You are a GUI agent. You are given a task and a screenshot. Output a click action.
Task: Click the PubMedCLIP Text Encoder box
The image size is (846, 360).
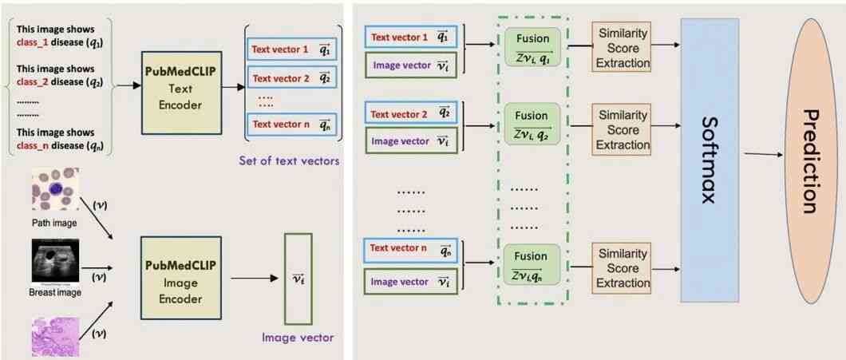(x=180, y=93)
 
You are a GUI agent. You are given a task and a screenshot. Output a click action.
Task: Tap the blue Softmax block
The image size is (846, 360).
(x=709, y=160)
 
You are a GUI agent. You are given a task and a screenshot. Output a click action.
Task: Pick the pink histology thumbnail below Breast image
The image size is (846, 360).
(x=56, y=337)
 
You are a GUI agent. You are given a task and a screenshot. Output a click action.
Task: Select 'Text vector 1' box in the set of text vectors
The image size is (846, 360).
(x=292, y=49)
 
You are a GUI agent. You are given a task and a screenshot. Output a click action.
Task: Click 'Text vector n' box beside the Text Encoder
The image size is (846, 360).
(x=292, y=125)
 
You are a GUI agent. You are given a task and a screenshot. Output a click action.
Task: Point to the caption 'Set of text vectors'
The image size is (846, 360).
(x=290, y=160)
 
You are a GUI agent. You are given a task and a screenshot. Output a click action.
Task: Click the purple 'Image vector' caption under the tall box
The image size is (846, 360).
(x=298, y=338)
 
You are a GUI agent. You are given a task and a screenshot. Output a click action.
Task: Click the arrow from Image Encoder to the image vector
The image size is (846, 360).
(x=254, y=279)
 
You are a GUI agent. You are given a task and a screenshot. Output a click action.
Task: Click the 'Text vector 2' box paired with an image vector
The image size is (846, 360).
(x=411, y=114)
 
